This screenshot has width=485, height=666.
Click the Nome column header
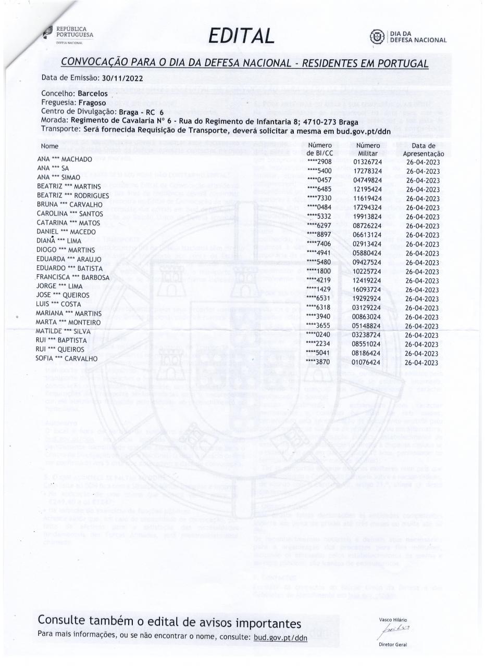coord(49,147)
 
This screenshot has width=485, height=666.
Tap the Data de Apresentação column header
coord(423,150)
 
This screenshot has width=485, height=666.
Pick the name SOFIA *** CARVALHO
coord(66,358)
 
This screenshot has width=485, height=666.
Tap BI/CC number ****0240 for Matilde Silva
coord(319,335)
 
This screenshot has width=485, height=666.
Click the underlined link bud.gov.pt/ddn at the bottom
coord(280,637)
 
